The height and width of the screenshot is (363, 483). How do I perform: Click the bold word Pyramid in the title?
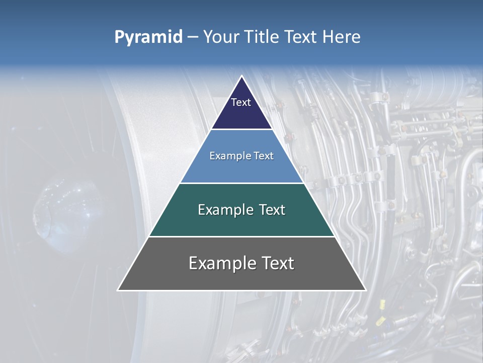click(x=148, y=37)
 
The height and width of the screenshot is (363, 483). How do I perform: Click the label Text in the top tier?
click(x=241, y=102)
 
